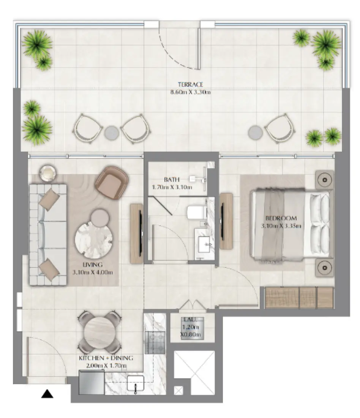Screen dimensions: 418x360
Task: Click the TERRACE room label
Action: click(191, 84)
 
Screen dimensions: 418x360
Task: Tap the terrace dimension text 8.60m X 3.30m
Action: click(191, 92)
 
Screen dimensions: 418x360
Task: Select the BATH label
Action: click(169, 179)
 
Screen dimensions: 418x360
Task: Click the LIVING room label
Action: click(93, 264)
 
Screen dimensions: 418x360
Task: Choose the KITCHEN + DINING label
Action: click(106, 358)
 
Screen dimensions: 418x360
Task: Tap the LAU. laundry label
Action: click(190, 320)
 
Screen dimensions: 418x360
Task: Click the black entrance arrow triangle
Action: click(47, 394)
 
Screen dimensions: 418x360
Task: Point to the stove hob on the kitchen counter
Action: click(155, 337)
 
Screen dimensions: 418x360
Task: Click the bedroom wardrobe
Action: click(299, 297)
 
